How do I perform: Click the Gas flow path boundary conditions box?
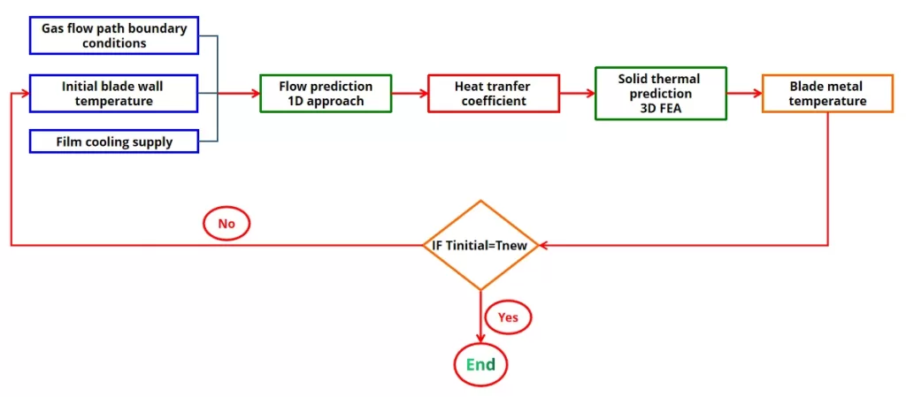point(114,36)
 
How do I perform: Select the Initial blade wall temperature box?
point(114,93)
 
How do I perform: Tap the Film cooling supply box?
point(114,141)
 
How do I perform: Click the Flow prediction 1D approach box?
point(326,93)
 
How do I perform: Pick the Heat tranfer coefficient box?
point(494,93)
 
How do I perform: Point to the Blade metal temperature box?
point(827,93)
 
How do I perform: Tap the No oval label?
point(226,224)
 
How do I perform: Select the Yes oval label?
point(508,316)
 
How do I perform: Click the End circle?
point(480,364)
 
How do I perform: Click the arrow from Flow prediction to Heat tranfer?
point(410,93)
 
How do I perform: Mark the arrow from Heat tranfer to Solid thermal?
point(578,93)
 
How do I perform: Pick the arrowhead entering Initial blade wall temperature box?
point(24,93)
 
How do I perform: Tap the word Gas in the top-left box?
point(55,28)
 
